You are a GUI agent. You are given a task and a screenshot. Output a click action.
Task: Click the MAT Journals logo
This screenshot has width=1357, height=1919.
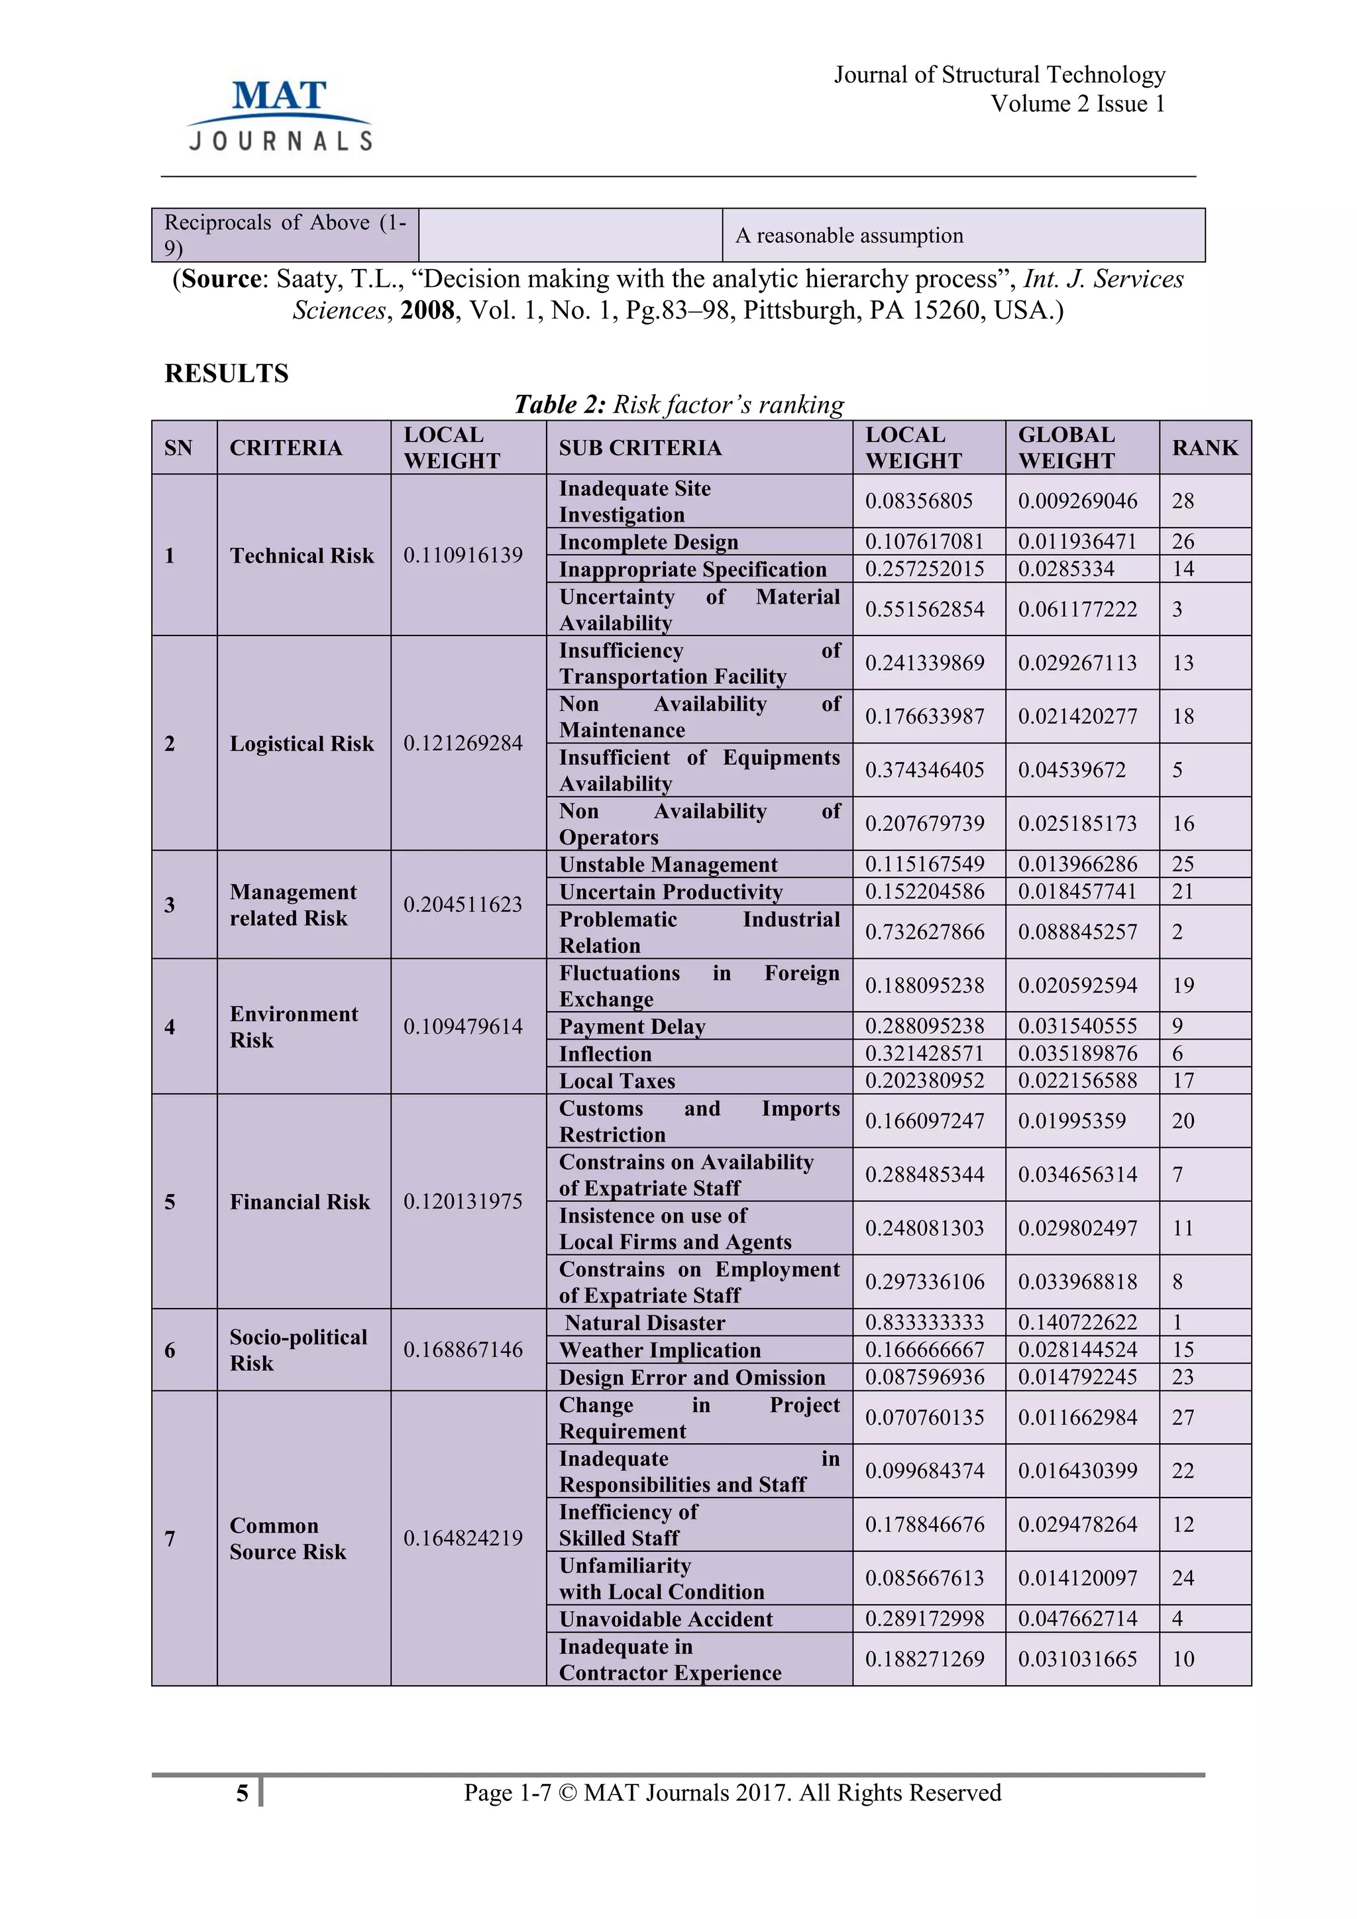[x=280, y=115]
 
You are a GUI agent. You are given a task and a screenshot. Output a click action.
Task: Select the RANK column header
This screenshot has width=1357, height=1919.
[x=1204, y=448]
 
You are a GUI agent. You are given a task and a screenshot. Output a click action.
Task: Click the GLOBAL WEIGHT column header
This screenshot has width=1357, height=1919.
[x=1066, y=448]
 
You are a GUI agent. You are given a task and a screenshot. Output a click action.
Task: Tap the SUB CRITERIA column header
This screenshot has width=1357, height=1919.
[x=640, y=448]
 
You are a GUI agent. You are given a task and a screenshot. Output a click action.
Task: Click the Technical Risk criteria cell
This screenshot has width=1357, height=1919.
[x=301, y=556]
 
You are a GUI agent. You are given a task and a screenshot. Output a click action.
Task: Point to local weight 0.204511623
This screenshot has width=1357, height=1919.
[x=463, y=905]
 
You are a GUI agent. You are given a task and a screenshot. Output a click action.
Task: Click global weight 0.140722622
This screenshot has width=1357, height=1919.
[x=1077, y=1322]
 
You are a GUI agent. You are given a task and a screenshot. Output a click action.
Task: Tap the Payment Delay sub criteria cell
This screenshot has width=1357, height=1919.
[x=633, y=1026]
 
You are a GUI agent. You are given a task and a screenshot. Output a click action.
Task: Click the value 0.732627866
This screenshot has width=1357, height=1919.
[x=924, y=932]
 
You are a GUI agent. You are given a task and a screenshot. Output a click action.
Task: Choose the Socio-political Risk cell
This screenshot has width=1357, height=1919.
[x=298, y=1350]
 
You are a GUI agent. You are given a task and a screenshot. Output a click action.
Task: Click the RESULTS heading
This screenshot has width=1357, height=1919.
[x=227, y=374]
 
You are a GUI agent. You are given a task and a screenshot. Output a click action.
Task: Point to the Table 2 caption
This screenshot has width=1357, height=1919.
[x=678, y=404]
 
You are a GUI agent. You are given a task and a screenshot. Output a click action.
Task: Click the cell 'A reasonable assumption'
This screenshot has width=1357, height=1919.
[x=849, y=236]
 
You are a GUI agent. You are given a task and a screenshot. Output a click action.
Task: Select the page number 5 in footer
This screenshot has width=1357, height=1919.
[x=243, y=1793]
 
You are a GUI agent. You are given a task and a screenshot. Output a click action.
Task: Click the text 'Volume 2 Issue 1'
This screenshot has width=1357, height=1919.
[x=1077, y=103]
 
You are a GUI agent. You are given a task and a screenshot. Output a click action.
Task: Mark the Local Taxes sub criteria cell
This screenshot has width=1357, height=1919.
[x=617, y=1081]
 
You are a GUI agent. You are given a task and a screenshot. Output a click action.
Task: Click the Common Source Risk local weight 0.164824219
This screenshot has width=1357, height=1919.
[x=463, y=1538]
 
